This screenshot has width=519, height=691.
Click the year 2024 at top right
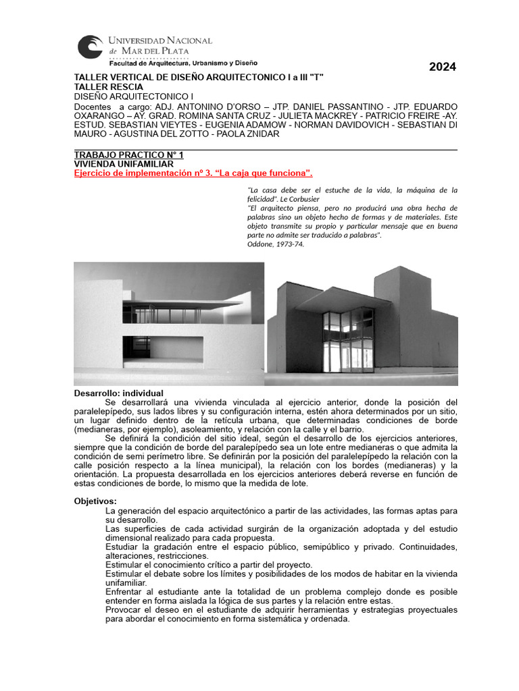[443, 67]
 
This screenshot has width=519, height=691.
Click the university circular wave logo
[90, 48]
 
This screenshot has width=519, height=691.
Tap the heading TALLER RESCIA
[108, 87]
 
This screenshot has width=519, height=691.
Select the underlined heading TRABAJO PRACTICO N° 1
[128, 155]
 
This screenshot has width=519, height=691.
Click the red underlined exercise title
[193, 173]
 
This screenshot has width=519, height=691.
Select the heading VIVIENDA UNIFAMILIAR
[123, 164]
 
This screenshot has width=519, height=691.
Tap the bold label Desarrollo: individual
[118, 393]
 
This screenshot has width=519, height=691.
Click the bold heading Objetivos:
[95, 501]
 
